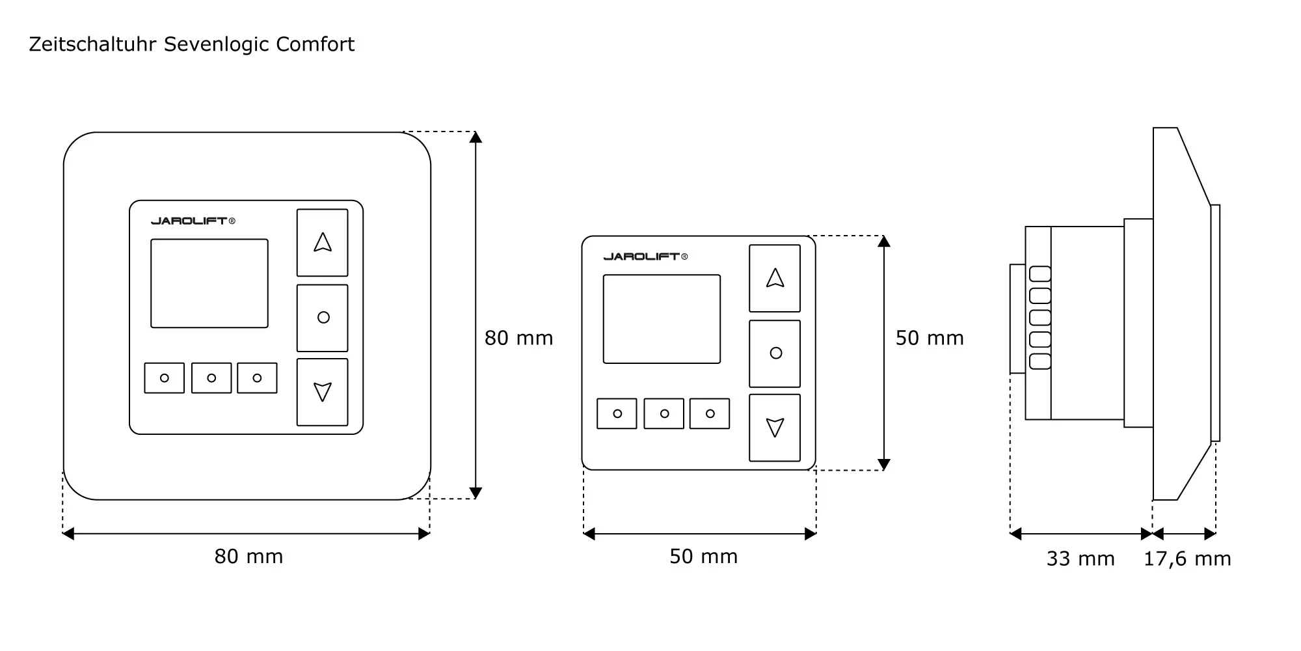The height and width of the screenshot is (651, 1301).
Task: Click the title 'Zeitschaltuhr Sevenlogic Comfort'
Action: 192,44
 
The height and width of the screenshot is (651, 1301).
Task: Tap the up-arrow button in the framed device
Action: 323,243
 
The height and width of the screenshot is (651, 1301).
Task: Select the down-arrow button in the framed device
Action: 323,392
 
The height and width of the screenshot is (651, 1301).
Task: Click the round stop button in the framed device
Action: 323,318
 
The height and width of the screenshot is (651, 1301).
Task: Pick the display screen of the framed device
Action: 209,283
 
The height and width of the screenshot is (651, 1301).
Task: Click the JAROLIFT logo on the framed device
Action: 193,221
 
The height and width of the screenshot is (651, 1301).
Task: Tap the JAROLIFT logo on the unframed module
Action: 645,256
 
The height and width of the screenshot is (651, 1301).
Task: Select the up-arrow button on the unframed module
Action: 775,279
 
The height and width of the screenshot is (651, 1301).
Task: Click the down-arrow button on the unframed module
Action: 775,428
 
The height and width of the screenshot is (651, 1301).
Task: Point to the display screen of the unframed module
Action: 662,319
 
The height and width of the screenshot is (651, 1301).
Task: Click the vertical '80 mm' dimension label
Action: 518,338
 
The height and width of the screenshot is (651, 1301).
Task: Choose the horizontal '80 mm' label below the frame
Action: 248,557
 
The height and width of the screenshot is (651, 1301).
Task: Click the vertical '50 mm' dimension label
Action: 930,338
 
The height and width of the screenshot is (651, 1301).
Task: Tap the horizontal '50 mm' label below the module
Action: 704,557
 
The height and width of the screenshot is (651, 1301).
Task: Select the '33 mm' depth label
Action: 1080,559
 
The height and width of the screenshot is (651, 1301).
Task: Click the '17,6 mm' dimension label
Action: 1187,559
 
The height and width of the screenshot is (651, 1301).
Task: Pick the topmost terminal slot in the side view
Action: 1040,274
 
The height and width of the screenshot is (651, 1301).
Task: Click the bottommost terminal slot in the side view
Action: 1040,361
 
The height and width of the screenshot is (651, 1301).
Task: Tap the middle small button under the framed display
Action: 211,378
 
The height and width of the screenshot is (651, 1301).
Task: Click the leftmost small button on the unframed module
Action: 617,414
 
